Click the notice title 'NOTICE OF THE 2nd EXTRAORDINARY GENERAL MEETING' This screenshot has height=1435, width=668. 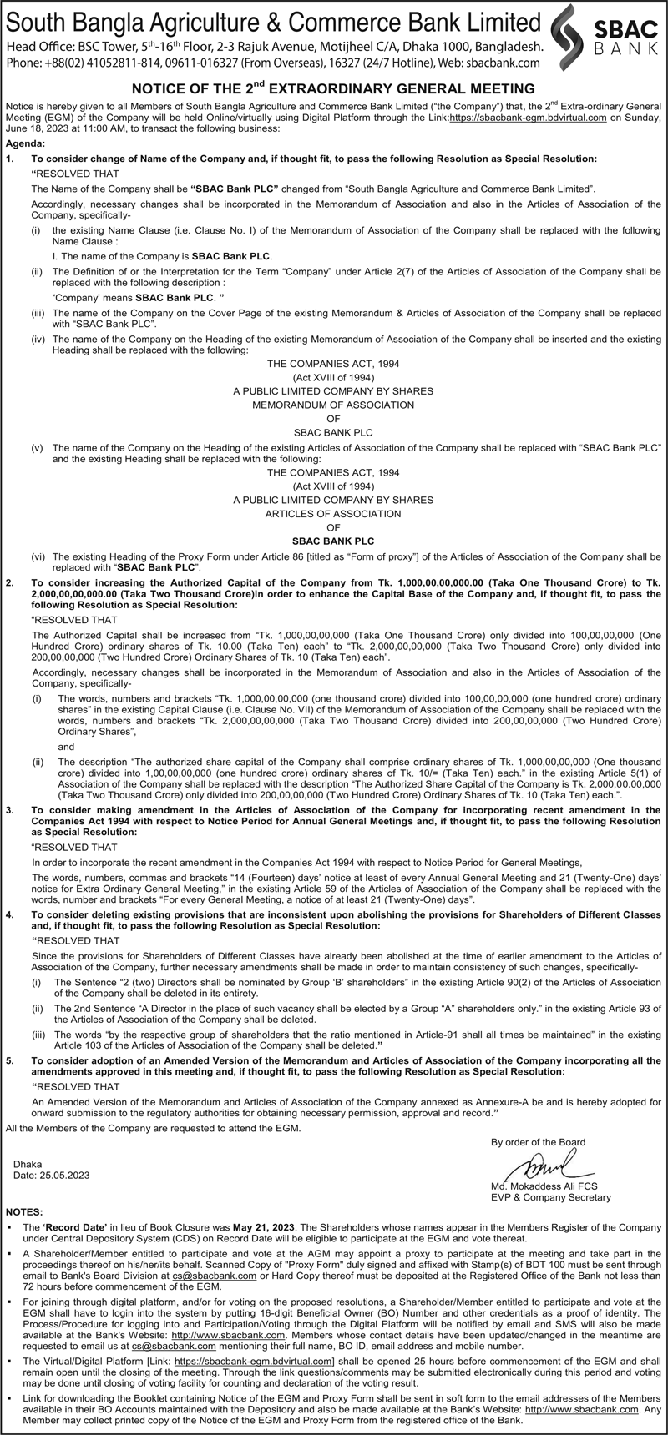[x=333, y=88]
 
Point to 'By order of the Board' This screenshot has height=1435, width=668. [x=538, y=1141]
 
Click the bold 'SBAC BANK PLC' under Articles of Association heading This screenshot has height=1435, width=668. [x=333, y=540]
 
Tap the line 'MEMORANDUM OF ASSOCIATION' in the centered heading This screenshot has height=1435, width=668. [x=333, y=405]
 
